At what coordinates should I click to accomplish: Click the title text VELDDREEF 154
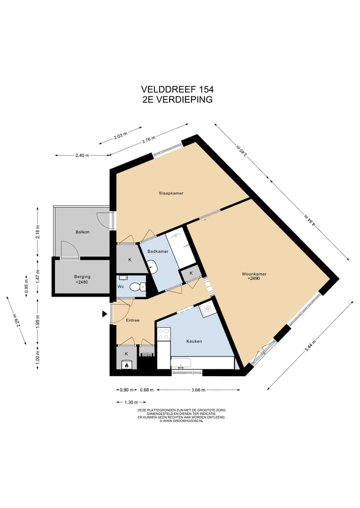(x=177, y=89)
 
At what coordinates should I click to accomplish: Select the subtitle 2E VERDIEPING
(x=177, y=99)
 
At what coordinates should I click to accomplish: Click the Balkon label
(x=82, y=232)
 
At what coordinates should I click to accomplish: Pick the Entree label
(x=132, y=320)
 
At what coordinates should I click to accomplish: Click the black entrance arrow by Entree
(x=104, y=314)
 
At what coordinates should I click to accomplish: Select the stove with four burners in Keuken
(x=163, y=334)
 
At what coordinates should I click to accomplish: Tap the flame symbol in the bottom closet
(x=127, y=365)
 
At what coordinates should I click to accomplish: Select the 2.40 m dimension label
(x=82, y=155)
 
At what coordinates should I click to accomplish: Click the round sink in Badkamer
(x=152, y=267)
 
